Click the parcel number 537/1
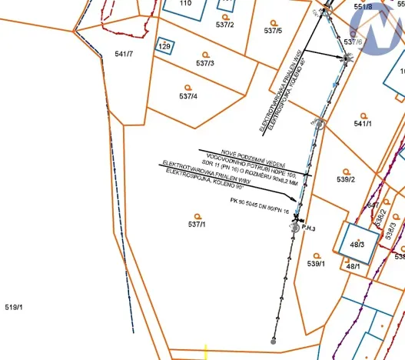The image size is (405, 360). point(197,225)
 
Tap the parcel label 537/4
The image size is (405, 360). point(188,96)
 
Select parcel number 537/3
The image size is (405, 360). point(204,62)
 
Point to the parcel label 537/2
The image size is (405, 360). point(225,25)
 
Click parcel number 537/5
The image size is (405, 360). point(273,30)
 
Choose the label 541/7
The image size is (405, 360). point(124,54)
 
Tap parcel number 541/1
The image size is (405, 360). point(364,123)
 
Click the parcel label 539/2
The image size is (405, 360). point(346,179)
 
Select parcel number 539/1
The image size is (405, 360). point(317,263)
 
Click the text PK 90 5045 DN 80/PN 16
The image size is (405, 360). point(259,205)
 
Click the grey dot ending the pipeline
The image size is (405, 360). point(273,340)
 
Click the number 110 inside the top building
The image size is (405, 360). point(185,3)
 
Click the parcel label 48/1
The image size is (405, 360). point(353,266)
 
